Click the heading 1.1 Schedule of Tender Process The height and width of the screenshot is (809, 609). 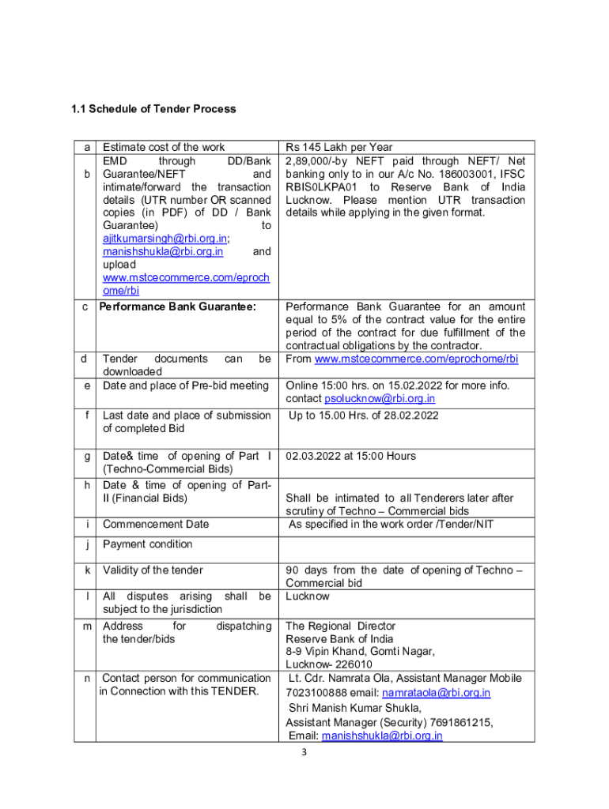[x=150, y=109]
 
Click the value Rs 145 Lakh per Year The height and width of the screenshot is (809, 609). [x=339, y=147]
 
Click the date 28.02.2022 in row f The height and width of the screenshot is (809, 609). [x=410, y=416]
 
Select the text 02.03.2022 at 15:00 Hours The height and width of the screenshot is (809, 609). [x=350, y=456]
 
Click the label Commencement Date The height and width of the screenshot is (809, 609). [x=156, y=524]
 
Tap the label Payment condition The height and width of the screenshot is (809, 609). [x=148, y=544]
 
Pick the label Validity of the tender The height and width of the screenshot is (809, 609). [x=153, y=570]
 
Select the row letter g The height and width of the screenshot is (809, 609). [x=85, y=456]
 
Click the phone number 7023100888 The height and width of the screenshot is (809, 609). [x=315, y=693]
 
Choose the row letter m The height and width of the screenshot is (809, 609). [x=85, y=626]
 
